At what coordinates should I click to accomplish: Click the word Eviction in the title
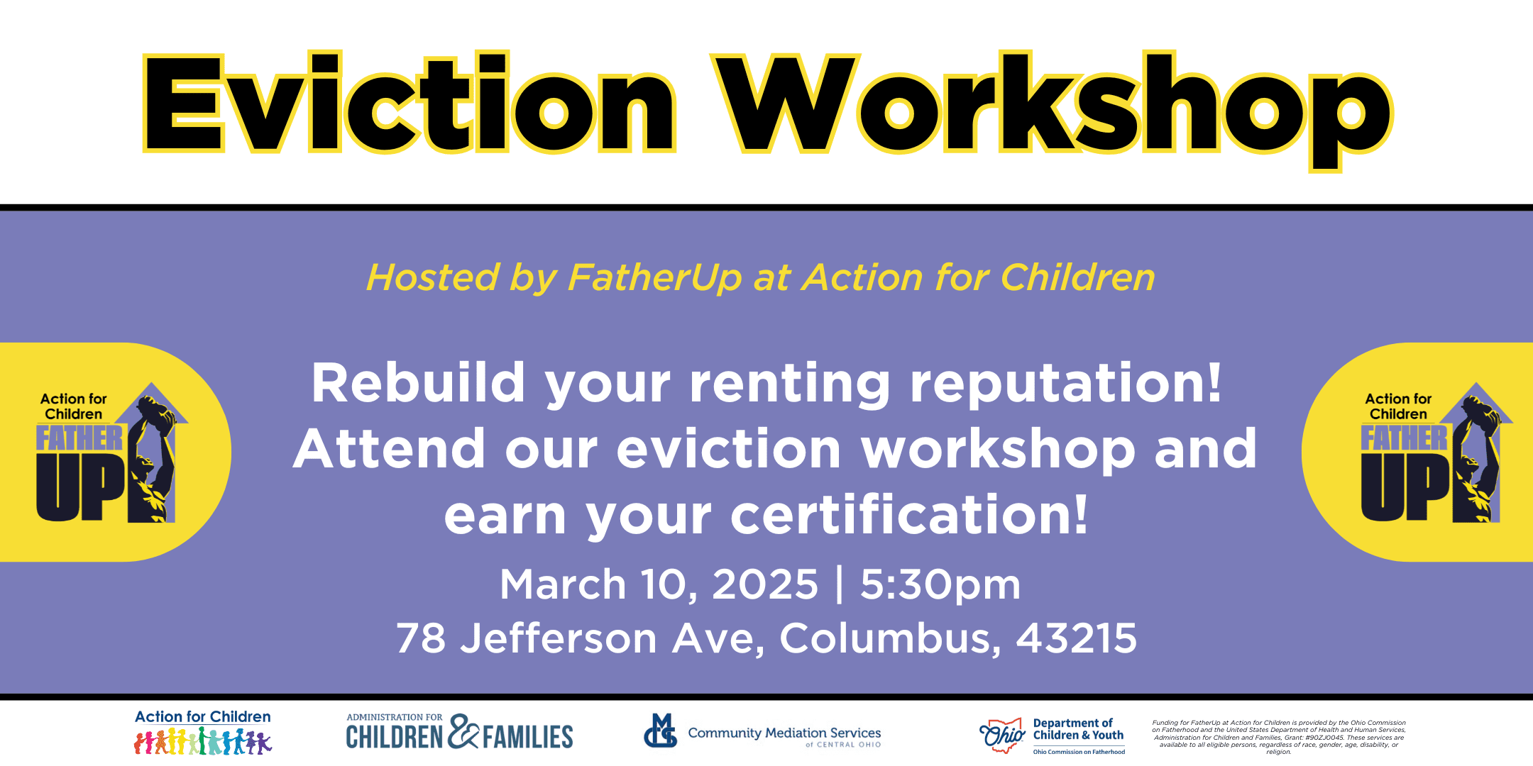[x=410, y=103]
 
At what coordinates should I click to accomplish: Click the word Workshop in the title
[x=1053, y=110]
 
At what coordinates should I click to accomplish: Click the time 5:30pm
[x=940, y=585]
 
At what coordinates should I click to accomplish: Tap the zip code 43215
[x=1077, y=638]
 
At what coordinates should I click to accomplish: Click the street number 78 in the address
[x=421, y=638]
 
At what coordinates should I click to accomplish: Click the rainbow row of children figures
[x=203, y=741]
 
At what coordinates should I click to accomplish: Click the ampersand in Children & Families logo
[x=463, y=731]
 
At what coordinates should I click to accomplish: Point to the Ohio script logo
[x=1002, y=736]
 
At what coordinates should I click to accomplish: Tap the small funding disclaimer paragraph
[x=1279, y=737]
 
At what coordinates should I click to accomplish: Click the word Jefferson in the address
[x=559, y=638]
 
